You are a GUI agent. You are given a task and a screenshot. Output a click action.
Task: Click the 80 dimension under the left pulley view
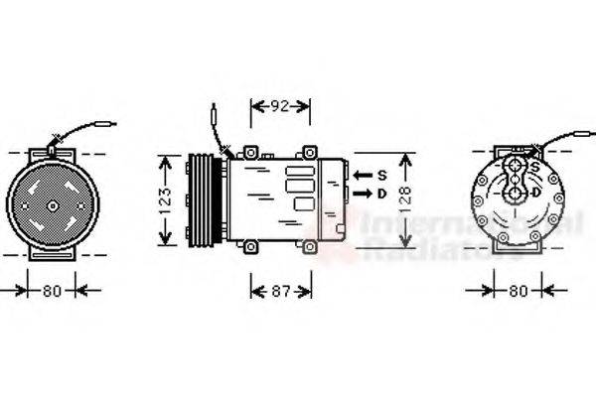pos(52,291)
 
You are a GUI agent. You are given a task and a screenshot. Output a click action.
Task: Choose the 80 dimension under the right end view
pos(517,291)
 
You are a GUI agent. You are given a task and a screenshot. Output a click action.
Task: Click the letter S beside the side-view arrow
pos(380,175)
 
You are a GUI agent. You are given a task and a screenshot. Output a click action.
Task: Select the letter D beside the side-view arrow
pos(380,194)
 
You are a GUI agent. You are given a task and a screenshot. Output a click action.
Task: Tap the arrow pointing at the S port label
pos(361,175)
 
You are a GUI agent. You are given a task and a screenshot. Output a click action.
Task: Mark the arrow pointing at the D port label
pos(361,194)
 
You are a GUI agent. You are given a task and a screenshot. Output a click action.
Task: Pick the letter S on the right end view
pos(535,166)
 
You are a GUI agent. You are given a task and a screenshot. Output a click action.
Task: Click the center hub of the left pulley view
pos(52,206)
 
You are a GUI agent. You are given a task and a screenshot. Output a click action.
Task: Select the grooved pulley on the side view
pos(202,199)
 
